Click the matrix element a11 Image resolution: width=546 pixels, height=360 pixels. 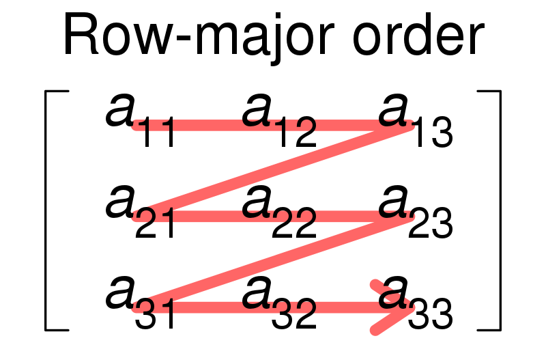(140, 120)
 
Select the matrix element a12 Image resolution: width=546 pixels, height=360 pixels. (279, 120)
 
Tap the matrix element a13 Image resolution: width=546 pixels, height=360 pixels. (416, 120)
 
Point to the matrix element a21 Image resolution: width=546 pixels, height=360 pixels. (140, 212)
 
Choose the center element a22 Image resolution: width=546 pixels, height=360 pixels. (279, 212)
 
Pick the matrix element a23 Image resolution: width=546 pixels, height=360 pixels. (416, 212)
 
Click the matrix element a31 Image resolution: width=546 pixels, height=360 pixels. (140, 303)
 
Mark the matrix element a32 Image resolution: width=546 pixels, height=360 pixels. (279, 303)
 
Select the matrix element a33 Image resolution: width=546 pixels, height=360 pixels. (416, 303)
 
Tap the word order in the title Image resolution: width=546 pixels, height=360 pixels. (418, 34)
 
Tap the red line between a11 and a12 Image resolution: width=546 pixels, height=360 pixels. (205, 125)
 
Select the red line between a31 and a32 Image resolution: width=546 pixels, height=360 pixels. (205, 307)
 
